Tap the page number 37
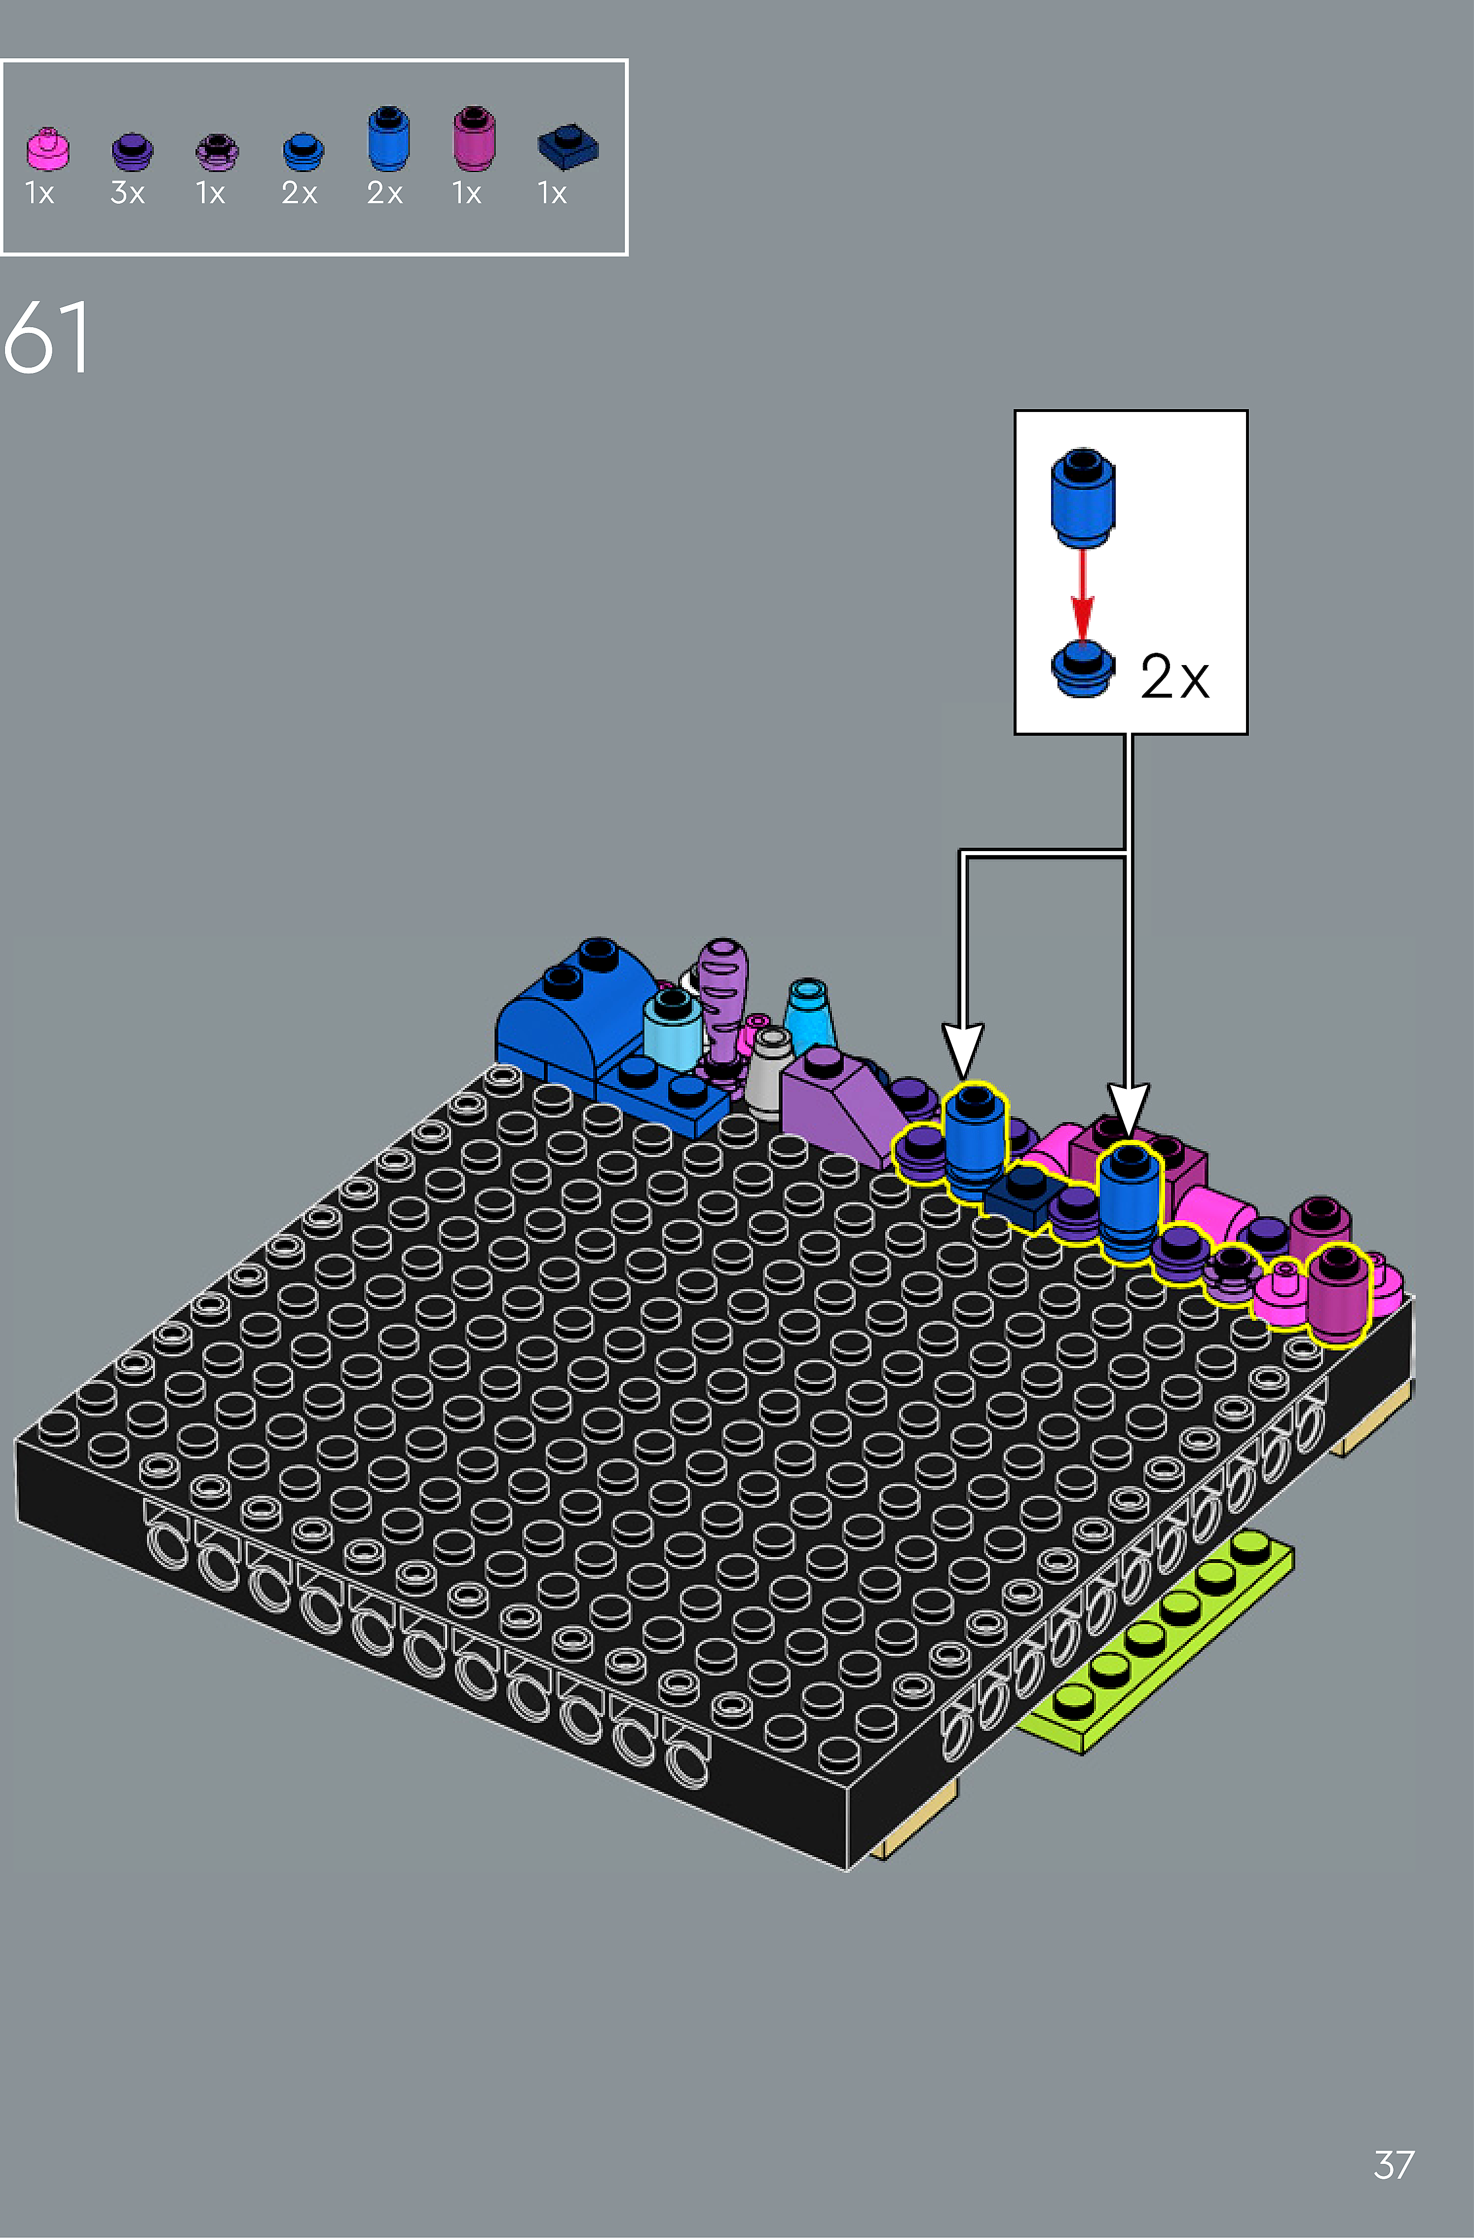[1394, 2164]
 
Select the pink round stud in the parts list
[47, 149]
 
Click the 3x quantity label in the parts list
[128, 193]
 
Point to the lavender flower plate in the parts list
[217, 152]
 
